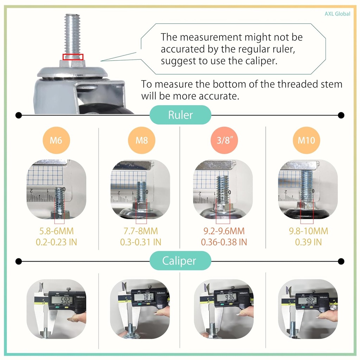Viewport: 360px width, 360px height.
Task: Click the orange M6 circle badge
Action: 56,140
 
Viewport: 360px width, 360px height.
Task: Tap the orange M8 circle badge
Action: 141,140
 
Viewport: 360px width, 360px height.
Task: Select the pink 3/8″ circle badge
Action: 223,140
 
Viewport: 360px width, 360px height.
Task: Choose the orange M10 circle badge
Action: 307,140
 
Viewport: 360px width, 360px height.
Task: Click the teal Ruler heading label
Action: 180,115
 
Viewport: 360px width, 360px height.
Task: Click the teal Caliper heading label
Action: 180,261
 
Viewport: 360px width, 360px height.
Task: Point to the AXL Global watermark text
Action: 337,14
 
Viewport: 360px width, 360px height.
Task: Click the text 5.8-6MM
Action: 56,231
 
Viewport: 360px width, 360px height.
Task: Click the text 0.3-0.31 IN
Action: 141,242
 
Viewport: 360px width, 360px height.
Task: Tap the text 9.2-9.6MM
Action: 224,231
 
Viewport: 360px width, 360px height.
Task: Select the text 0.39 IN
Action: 308,242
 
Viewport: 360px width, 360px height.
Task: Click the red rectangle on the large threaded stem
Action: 73,57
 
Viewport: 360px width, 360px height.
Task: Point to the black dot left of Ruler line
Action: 19,115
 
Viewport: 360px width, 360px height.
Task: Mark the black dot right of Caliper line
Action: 341,261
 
